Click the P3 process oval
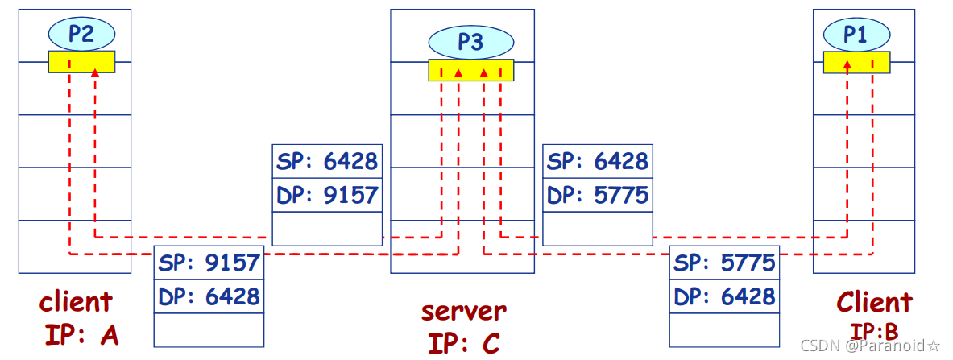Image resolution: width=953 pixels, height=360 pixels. tap(470, 42)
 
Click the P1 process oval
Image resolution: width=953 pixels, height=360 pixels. tap(856, 34)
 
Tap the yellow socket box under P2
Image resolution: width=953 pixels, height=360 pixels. tap(81, 62)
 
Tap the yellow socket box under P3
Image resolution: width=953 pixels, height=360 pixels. tap(470, 70)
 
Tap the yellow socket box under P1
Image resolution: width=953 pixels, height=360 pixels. tap(856, 62)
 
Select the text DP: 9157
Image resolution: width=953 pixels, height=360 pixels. tap(327, 194)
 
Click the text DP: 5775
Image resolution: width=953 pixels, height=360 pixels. tap(597, 194)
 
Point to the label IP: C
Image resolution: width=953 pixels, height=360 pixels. tap(463, 342)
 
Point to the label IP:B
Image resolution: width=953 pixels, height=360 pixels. tap(873, 329)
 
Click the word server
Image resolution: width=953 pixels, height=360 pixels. tap(464, 310)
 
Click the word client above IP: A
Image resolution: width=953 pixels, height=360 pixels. tap(76, 303)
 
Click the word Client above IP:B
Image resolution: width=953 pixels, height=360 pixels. tap(874, 303)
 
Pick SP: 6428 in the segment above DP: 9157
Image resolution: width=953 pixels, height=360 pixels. tap(327, 161)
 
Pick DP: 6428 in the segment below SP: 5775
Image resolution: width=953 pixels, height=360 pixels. tap(724, 296)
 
